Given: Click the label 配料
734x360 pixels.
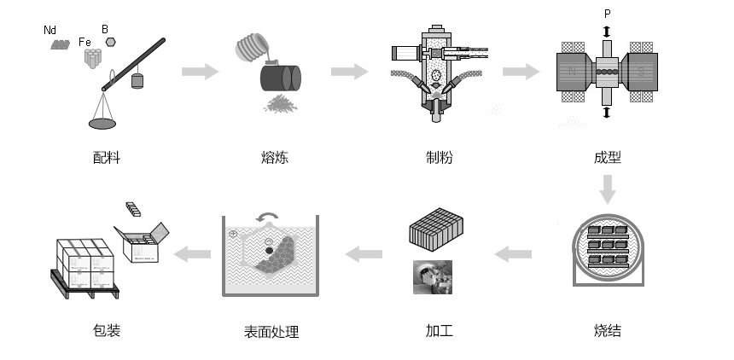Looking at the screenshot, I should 107,158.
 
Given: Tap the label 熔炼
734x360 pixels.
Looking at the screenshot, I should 274,158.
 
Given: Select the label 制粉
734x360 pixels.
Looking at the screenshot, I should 440,158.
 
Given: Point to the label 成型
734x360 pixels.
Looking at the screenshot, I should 606,158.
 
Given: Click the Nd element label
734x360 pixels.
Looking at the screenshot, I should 51,31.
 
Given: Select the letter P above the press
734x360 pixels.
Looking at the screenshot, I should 606,14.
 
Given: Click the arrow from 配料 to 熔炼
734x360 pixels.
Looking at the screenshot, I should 199,71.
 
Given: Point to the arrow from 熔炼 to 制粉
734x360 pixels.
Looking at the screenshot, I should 348,71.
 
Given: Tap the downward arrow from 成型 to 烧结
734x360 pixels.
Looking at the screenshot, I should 607,189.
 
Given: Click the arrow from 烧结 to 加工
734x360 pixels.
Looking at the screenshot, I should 514,253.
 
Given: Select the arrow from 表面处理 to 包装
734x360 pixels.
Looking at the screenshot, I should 193,253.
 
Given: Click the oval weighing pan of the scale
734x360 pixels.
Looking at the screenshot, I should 103,125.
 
